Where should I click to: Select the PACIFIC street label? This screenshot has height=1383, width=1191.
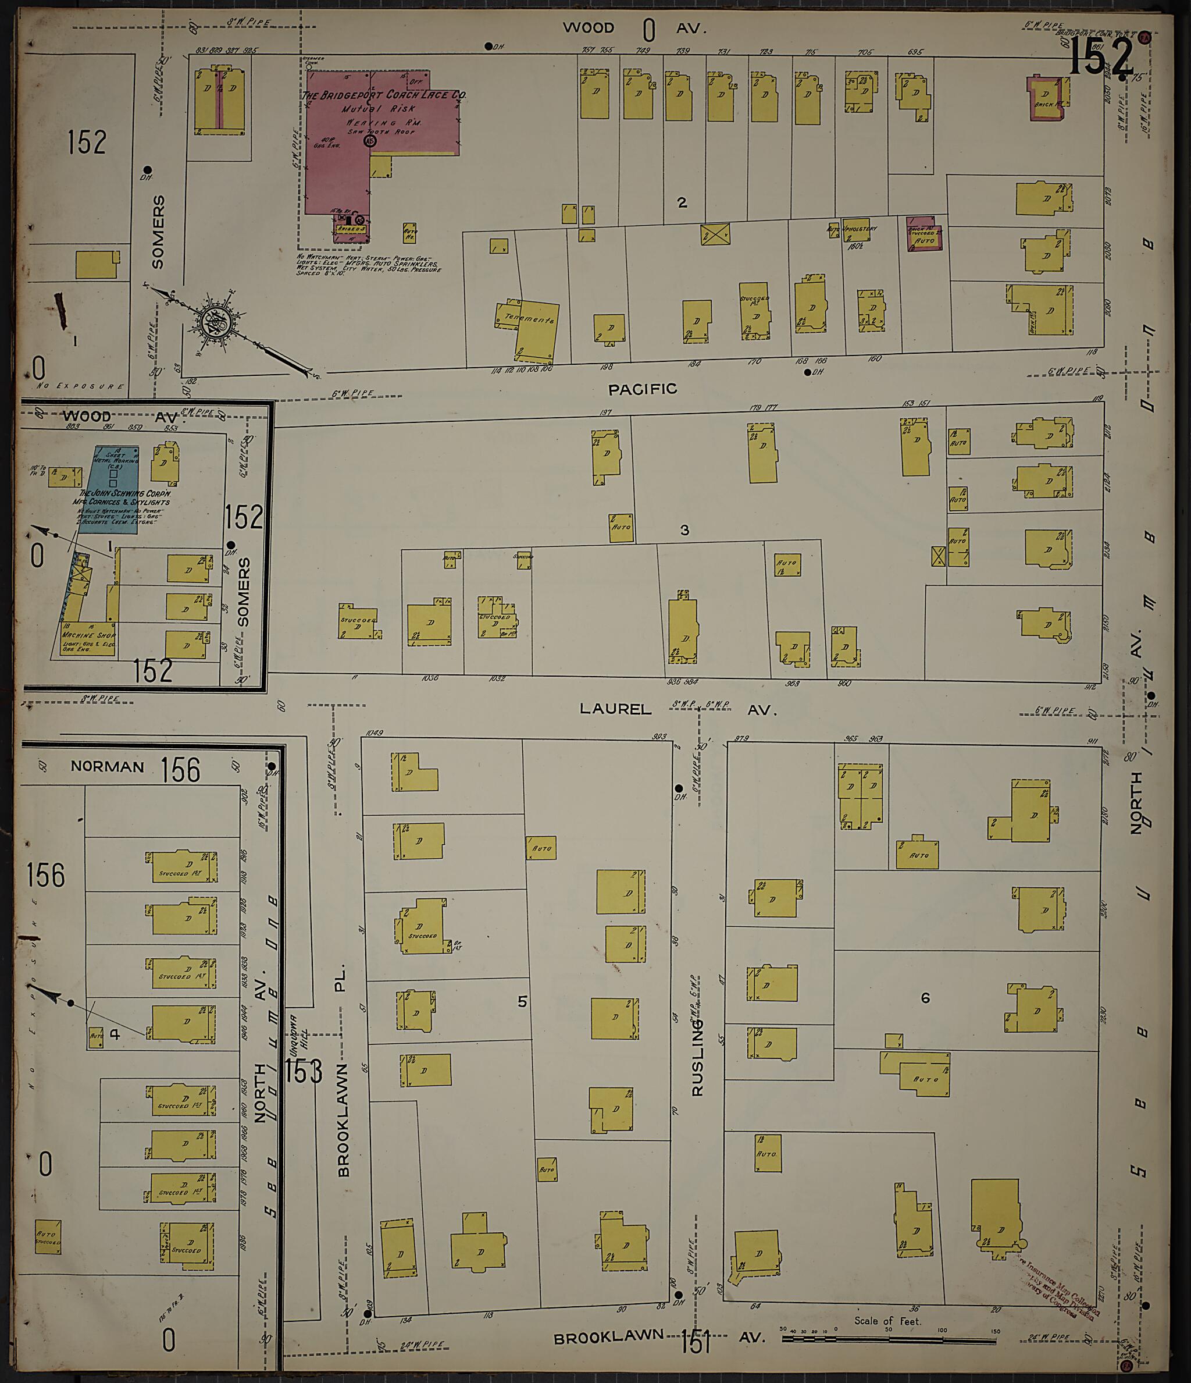(643, 389)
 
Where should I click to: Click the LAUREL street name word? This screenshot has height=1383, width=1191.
(615, 709)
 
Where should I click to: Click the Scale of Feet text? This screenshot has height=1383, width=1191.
(887, 1321)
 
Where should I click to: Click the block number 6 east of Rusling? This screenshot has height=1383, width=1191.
(925, 998)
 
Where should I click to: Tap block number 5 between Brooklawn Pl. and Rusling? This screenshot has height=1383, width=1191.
(522, 1001)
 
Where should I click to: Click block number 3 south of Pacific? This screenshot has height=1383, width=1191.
(684, 530)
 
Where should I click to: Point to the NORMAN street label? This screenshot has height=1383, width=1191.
(108, 767)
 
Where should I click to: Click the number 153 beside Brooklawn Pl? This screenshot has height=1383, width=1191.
(304, 1071)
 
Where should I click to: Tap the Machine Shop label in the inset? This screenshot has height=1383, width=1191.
(89, 635)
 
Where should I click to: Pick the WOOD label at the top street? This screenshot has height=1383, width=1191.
(588, 28)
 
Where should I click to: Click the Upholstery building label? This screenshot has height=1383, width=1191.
(861, 229)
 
